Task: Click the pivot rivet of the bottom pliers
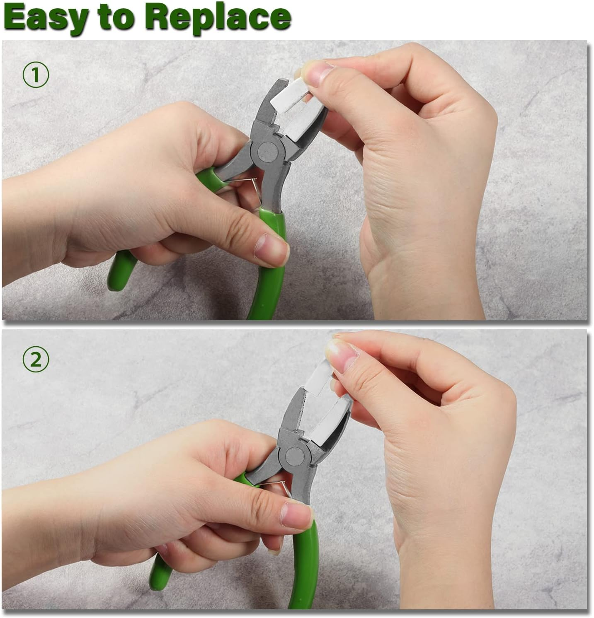tap(295, 456)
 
